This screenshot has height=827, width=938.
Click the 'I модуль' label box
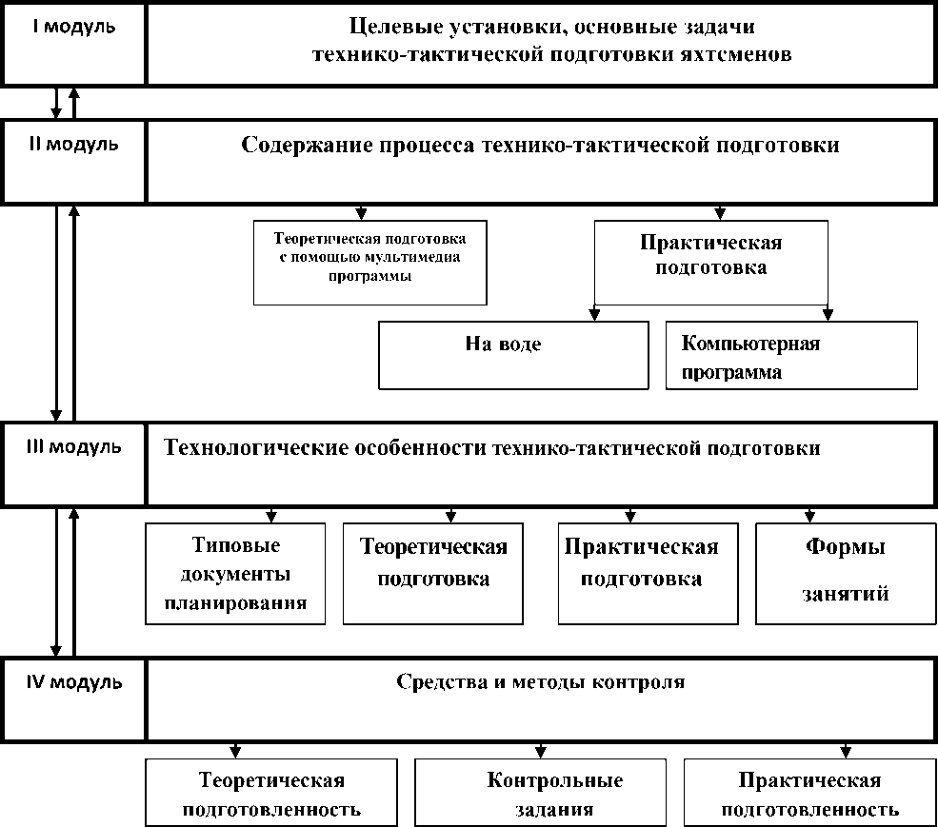[x=74, y=44]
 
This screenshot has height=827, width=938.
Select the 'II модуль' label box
[x=74, y=160]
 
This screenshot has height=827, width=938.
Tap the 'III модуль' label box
[x=74, y=463]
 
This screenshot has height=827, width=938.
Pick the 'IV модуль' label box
[x=74, y=697]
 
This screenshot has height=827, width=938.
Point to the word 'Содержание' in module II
[x=302, y=146]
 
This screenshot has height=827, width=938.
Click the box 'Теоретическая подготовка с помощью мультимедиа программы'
[x=369, y=262]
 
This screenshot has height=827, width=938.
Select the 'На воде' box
[x=513, y=354]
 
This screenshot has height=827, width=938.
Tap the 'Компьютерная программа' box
[x=791, y=355]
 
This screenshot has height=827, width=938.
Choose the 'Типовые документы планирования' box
[x=234, y=574]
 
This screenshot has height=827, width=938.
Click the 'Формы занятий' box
[x=845, y=574]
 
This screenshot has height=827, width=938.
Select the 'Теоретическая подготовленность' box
[x=271, y=792]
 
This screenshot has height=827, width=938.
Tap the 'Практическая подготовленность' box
[x=808, y=792]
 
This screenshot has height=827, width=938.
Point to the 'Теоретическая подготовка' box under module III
[x=432, y=574]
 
